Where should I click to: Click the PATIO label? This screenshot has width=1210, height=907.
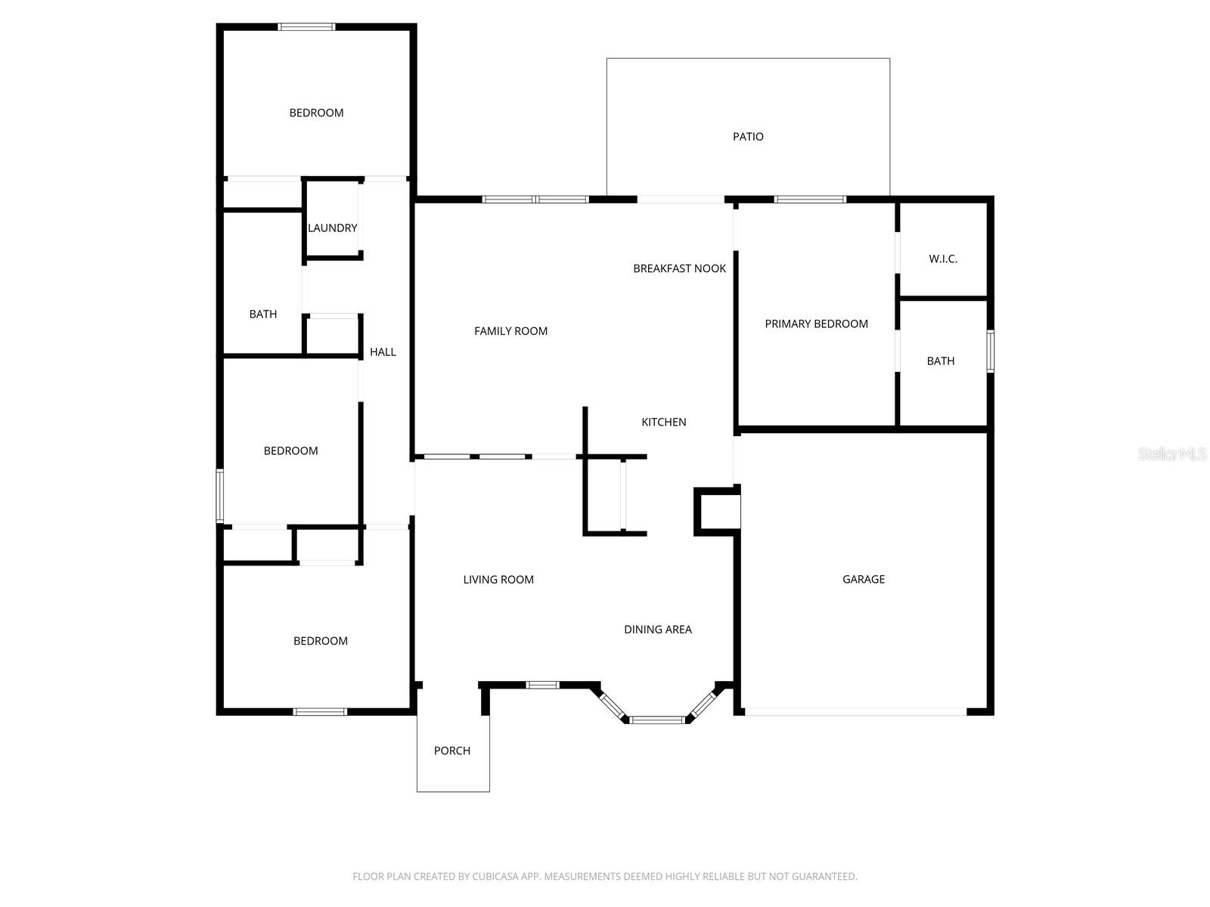(748, 137)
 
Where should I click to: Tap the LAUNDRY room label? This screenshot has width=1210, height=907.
(332, 228)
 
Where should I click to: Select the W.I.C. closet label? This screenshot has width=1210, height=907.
(943, 258)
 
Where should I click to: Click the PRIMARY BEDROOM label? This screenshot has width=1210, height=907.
(816, 323)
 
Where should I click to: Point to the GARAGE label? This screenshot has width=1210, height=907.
(863, 579)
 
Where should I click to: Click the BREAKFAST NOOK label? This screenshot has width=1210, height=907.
(679, 268)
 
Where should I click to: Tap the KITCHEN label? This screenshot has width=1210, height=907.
(663, 422)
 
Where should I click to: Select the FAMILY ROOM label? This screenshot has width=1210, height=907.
(510, 331)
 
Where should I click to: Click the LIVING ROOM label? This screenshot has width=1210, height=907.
(498, 580)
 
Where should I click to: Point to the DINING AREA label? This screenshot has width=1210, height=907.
(657, 629)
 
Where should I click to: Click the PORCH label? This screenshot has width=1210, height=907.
(451, 751)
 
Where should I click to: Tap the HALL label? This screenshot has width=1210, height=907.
(383, 351)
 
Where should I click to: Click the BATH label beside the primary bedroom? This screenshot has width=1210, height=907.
(940, 361)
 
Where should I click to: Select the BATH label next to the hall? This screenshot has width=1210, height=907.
(262, 314)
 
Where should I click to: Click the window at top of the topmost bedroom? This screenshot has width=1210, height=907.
(306, 27)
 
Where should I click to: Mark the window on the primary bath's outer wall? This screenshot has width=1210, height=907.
(990, 351)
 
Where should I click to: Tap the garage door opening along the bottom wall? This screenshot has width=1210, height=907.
(855, 711)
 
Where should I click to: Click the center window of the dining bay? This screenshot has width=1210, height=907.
(656, 720)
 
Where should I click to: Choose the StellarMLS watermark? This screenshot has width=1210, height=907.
(1171, 453)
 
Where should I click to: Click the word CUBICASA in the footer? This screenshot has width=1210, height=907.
(495, 877)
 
